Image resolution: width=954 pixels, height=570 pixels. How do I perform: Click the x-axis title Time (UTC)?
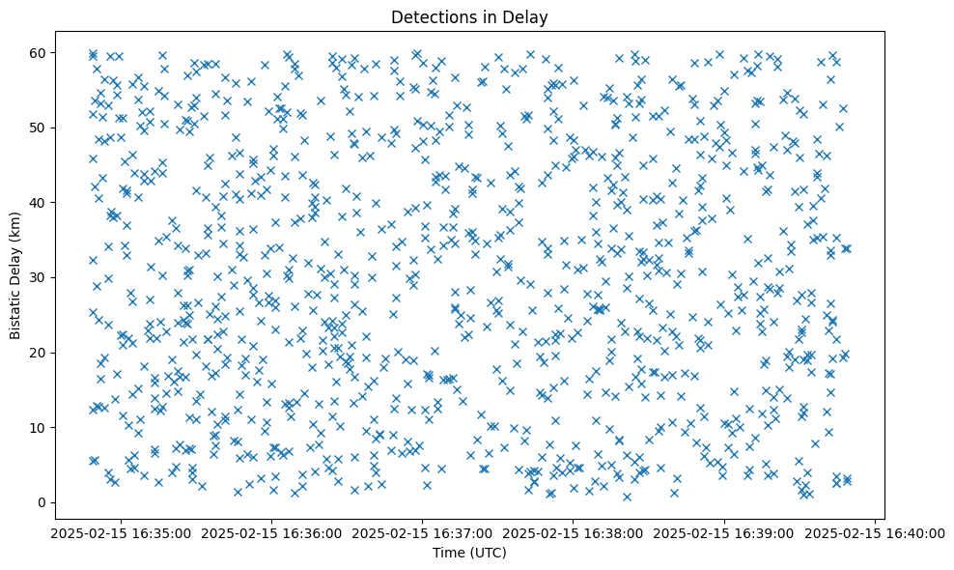468,553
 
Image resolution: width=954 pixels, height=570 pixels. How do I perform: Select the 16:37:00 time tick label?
422,532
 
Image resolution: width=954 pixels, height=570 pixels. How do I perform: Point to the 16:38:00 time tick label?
574,532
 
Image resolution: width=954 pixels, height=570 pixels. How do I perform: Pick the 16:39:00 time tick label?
725,532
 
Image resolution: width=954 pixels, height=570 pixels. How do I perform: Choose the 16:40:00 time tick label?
877,532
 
